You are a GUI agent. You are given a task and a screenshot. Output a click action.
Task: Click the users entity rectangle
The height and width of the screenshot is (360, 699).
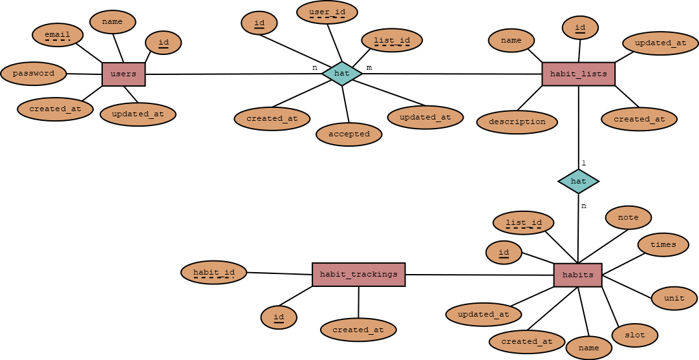click(x=124, y=74)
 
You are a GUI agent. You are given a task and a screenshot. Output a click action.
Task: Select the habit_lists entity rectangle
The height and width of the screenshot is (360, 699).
click(x=578, y=74)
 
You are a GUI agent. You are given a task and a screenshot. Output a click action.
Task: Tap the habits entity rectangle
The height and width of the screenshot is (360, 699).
click(x=577, y=275)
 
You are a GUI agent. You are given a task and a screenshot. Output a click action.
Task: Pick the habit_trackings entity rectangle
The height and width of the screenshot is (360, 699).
click(x=358, y=275)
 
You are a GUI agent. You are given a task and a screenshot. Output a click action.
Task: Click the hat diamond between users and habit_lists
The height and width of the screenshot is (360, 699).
click(x=342, y=74)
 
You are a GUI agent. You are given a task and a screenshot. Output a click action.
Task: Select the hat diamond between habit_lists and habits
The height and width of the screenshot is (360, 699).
click(x=578, y=181)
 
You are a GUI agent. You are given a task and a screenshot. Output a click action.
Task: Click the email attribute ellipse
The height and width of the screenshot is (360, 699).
click(x=58, y=35)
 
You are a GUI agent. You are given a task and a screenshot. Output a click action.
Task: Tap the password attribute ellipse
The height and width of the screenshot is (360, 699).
click(x=34, y=74)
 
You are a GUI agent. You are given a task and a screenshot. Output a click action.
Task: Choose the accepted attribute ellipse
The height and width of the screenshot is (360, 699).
click(x=349, y=134)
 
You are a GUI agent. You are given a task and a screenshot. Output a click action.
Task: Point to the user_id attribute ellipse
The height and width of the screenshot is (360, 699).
click(x=327, y=12)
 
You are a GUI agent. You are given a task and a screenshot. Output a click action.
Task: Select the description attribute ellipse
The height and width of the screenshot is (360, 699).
click(x=517, y=122)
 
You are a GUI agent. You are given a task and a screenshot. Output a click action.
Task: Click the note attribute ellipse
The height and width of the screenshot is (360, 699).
click(x=628, y=218)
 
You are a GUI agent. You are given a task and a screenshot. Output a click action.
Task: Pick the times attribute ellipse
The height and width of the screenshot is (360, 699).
click(x=663, y=245)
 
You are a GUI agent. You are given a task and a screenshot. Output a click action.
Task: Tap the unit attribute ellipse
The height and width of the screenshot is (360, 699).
click(x=674, y=299)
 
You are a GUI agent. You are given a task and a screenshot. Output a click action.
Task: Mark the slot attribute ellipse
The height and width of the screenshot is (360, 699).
click(x=634, y=335)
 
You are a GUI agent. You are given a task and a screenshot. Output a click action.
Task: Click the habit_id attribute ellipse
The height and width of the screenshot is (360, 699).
click(x=214, y=273)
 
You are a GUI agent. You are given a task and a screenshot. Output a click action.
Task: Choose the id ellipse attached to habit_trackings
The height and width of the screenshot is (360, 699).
click(x=279, y=317)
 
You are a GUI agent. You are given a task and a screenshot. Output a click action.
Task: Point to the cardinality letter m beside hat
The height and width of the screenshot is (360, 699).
click(x=369, y=67)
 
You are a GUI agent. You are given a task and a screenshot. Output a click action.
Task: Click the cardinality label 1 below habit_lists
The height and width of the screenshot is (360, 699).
click(x=583, y=163)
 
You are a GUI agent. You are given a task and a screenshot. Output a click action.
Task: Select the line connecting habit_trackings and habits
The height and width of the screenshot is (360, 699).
click(x=479, y=275)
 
